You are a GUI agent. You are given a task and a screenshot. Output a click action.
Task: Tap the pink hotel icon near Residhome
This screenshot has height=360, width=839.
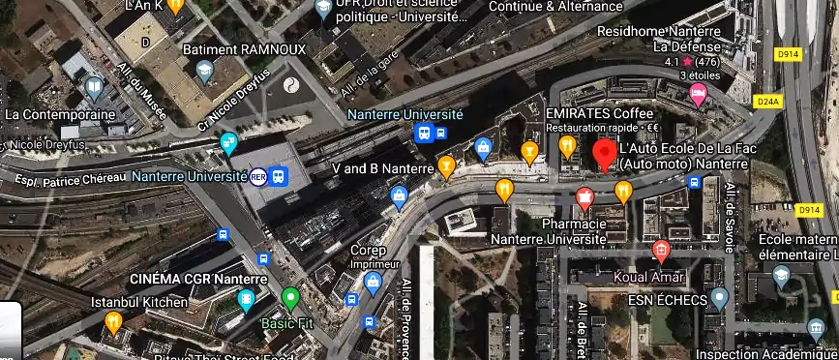click(698, 93)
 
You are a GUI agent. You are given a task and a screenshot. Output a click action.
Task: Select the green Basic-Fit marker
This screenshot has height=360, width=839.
click(290, 298)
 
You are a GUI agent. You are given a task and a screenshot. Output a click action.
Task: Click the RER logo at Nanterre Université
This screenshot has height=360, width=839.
click(258, 177)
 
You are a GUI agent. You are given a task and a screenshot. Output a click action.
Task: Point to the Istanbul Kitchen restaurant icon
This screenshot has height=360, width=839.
click(113, 321)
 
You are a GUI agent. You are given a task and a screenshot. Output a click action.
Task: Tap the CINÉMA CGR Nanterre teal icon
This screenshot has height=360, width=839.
click(247, 300)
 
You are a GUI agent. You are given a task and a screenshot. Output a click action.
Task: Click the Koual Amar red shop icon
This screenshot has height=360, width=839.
click(661, 252)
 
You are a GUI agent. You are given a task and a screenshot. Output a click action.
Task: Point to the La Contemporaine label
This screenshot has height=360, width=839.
click(60, 113)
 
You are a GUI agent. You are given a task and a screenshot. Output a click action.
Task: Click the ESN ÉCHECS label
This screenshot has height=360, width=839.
click(664, 300)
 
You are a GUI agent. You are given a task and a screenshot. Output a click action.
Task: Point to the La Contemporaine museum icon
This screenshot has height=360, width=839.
click(94, 89)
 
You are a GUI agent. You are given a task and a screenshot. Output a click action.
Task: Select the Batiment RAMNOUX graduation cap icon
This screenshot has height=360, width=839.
click(204, 70)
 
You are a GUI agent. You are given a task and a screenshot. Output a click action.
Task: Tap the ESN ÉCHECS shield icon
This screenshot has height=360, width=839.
click(718, 297)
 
